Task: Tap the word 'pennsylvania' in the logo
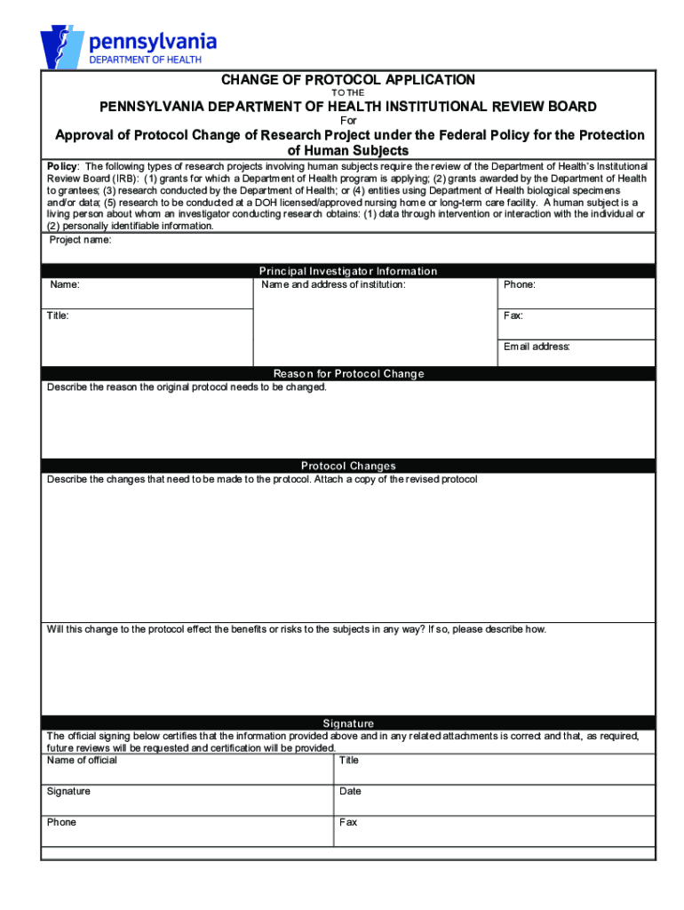(x=152, y=41)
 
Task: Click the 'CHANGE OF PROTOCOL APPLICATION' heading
(x=348, y=80)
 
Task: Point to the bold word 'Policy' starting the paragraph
(x=62, y=167)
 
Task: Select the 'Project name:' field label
(x=80, y=240)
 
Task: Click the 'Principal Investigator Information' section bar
(x=348, y=271)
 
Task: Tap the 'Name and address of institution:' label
(x=333, y=285)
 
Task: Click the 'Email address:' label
(x=537, y=347)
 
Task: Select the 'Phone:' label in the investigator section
(x=520, y=285)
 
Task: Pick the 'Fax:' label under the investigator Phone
(x=513, y=316)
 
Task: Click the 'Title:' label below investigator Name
(x=59, y=316)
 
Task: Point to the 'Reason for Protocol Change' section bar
(x=348, y=374)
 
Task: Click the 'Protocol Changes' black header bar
(x=348, y=466)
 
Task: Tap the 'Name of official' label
(x=82, y=761)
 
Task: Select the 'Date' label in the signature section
(x=350, y=792)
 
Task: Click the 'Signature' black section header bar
(x=348, y=723)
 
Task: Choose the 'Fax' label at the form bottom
(x=348, y=823)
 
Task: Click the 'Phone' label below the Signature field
(x=61, y=823)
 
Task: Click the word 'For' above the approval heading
(x=348, y=121)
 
